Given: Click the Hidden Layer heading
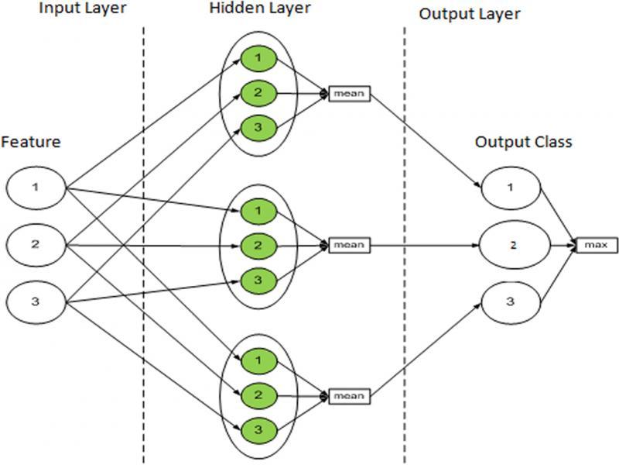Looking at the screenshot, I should pos(259,9).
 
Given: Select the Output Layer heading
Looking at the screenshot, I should pos(469,15).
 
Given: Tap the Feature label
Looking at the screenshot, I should pos(30,142).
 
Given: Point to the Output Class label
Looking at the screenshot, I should pos(513,142).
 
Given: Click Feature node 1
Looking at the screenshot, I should pos(36,187).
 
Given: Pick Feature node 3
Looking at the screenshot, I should pos(36,301).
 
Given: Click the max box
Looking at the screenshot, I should pos(597,246).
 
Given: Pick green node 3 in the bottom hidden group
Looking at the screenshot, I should pos(258,429).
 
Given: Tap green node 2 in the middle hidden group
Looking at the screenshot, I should pos(258,245).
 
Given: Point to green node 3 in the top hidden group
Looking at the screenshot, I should pos(258,127).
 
